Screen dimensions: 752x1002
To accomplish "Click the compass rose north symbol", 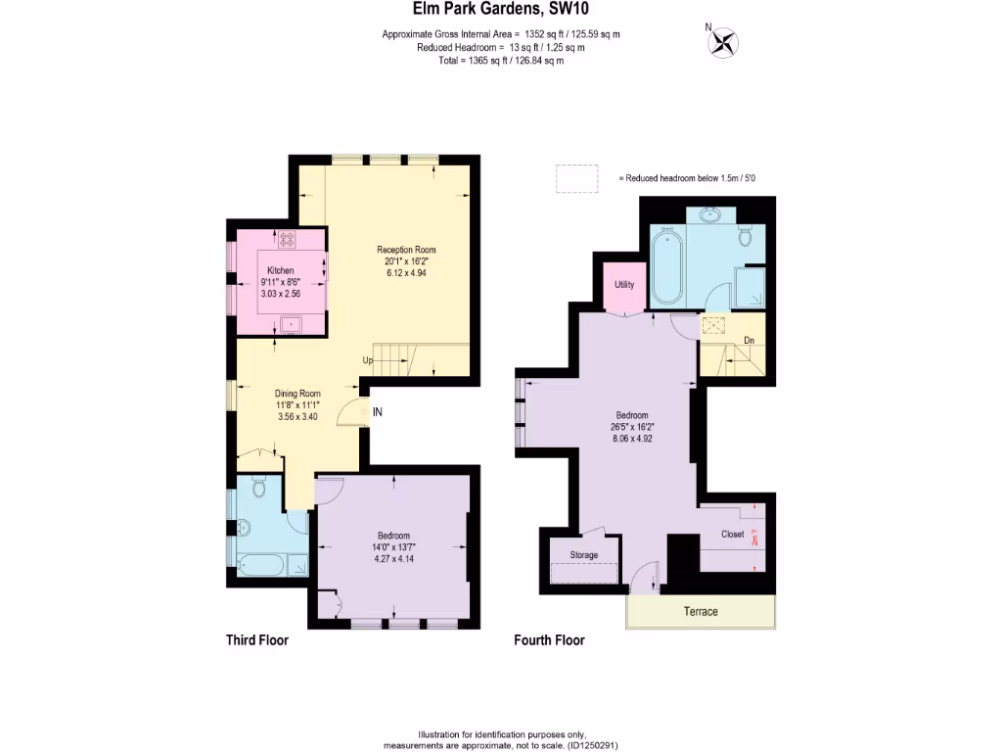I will point(724,41).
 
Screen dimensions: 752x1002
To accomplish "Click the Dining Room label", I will point(297,394).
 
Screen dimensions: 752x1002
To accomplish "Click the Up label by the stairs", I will point(368,360).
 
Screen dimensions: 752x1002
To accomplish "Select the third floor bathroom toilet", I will point(260,487).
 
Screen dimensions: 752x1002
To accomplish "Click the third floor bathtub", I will point(260,565).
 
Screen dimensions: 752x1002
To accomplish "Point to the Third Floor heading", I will point(257,640).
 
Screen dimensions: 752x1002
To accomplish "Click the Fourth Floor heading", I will point(549,640).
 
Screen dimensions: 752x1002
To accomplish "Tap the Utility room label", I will point(624,285).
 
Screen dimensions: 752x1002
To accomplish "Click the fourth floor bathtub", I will point(667,267).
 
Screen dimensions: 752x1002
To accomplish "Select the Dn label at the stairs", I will point(749,341).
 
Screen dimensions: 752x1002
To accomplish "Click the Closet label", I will point(732,535).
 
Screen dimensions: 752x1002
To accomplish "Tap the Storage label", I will point(584,555).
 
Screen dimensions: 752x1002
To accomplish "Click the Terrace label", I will point(700,611).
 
